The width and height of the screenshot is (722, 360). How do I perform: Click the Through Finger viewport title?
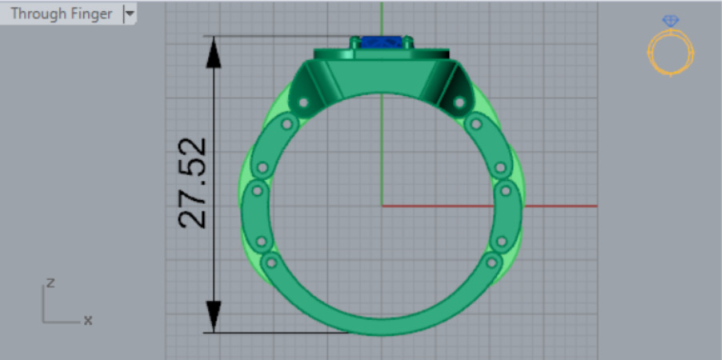point(61,14)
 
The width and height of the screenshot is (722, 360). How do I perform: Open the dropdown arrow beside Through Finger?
point(130,14)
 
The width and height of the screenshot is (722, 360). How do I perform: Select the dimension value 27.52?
point(193,183)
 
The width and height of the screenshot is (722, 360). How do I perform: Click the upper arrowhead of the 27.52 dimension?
point(214,51)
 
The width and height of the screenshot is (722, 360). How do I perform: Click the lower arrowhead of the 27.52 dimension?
point(214,315)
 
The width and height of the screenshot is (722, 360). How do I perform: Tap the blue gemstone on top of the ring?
point(381,42)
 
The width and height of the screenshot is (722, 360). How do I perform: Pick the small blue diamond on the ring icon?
point(671,22)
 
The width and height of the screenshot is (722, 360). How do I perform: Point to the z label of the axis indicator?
point(50,282)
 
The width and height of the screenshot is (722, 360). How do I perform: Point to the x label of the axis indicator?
point(88,320)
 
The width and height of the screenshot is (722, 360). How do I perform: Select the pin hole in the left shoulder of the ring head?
point(303,102)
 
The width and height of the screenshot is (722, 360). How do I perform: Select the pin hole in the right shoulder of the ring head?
point(459,102)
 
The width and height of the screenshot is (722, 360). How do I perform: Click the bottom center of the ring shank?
point(382,324)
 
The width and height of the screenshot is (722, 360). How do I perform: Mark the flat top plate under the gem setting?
point(381,55)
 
